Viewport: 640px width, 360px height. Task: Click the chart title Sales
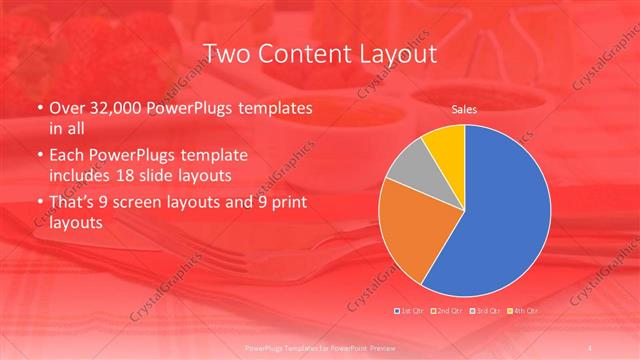463,108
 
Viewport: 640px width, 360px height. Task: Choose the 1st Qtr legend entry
410,310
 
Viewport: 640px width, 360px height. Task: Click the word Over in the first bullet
68,107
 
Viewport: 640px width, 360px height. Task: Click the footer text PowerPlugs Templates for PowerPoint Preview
319,346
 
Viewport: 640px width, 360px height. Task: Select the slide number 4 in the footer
592,346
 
